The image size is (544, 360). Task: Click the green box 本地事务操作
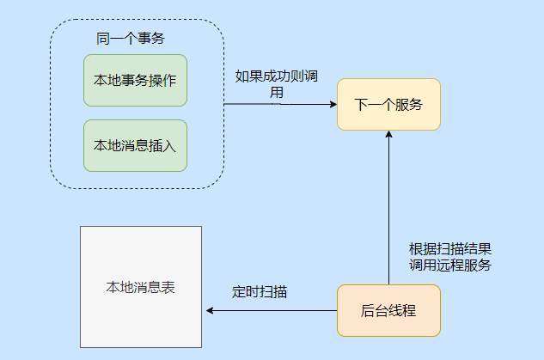[x=135, y=81]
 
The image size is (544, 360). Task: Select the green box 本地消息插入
[x=135, y=145]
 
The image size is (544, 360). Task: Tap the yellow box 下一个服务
[x=388, y=105]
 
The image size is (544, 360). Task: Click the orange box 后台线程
[x=388, y=310]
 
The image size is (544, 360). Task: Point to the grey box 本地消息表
[x=141, y=287]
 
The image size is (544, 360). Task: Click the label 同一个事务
[x=131, y=39]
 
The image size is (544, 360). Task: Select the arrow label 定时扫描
[x=260, y=292]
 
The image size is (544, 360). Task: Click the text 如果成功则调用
[x=278, y=76]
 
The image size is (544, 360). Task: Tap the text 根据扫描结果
[x=450, y=248]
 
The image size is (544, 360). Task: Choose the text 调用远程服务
[x=450, y=265]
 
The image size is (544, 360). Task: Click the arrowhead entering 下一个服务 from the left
[x=332, y=105]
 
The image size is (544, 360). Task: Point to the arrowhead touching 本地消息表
[x=207, y=310]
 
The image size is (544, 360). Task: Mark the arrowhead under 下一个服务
[x=388, y=135]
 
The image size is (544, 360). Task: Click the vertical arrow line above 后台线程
[x=388, y=215]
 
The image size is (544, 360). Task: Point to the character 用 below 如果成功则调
[x=277, y=92]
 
